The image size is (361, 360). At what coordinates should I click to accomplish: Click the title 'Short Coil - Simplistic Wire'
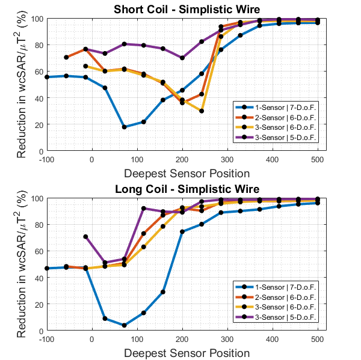[x=182, y=10]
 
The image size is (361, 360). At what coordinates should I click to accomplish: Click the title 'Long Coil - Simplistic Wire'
[x=182, y=189]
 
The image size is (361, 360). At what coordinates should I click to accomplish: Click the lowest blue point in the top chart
[x=125, y=127]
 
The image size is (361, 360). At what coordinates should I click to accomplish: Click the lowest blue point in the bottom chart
[x=125, y=325]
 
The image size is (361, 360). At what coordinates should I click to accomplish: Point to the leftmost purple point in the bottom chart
[x=85, y=236]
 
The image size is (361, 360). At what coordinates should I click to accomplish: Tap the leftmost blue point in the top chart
[x=47, y=77]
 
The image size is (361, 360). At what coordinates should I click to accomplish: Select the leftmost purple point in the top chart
[x=66, y=58]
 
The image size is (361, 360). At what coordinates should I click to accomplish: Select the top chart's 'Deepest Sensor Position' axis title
[x=182, y=173]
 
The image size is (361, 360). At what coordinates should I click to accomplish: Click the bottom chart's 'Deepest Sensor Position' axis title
[x=182, y=352]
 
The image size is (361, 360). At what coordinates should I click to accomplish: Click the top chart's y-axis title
[x=22, y=85]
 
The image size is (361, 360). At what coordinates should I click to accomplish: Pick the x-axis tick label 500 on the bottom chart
[x=318, y=339]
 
